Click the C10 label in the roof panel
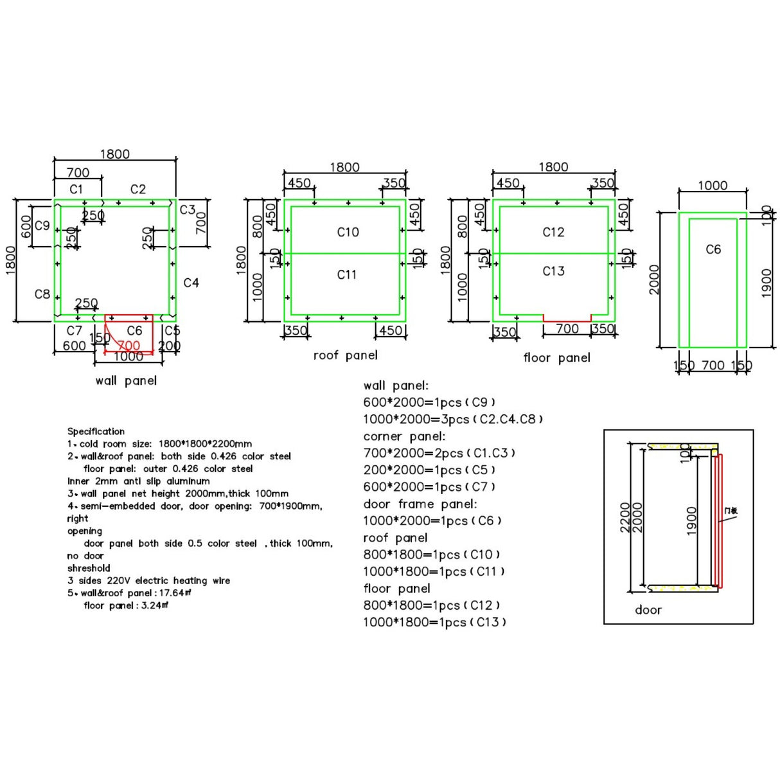[x=348, y=232]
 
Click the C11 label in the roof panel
[x=347, y=274]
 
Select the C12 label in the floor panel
[x=553, y=232]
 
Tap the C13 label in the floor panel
[x=553, y=271]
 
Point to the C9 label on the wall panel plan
[x=42, y=226]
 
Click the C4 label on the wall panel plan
[x=191, y=283]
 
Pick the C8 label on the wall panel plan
[x=42, y=294]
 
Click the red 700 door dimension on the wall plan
[x=129, y=346]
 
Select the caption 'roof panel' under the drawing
[x=346, y=355]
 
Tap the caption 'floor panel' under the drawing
[x=556, y=358]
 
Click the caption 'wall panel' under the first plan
[x=126, y=380]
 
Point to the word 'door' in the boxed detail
[x=648, y=610]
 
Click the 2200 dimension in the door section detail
[x=625, y=517]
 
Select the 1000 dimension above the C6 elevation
[x=713, y=186]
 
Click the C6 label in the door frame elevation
[x=713, y=249]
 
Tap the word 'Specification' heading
[x=96, y=431]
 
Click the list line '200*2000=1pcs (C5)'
[x=429, y=470]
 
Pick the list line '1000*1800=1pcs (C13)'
[x=434, y=622]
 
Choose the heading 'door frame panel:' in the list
[x=420, y=504]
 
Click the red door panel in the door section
[x=720, y=520]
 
